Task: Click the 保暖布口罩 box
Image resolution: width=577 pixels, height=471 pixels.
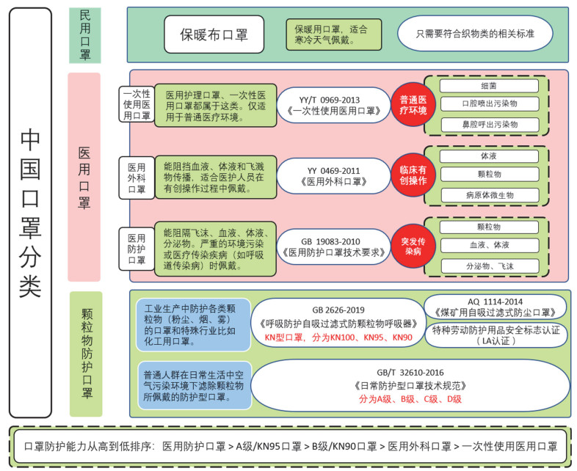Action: click(x=214, y=34)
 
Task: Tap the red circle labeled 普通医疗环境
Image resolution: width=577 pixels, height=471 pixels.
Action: click(x=413, y=105)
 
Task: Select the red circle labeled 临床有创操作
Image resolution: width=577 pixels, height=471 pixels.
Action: click(x=413, y=175)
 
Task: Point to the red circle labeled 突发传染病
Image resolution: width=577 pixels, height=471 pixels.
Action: click(x=413, y=246)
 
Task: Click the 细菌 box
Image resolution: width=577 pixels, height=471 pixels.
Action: click(x=489, y=86)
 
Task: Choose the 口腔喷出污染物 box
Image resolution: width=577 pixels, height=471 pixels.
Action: click(x=490, y=103)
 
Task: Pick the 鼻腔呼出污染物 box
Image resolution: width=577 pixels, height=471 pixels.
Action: click(x=490, y=125)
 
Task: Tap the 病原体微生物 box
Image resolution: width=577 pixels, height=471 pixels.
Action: click(x=490, y=195)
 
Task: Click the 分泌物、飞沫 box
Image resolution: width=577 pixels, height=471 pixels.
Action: click(x=490, y=266)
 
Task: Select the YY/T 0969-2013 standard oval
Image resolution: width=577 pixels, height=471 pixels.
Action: click(x=333, y=105)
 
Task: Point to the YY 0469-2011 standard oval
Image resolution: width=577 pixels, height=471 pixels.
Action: click(x=333, y=176)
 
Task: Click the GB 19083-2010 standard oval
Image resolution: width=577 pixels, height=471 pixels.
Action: click(x=333, y=247)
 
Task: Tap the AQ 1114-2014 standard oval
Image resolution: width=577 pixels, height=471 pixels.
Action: click(x=496, y=307)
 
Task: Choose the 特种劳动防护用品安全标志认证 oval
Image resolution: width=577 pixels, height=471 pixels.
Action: click(x=496, y=335)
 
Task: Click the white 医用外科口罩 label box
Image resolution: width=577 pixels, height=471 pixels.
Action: click(x=137, y=178)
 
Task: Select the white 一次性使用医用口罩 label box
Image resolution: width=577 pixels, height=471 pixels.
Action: click(x=137, y=104)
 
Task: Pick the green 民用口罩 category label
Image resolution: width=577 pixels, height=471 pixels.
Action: click(x=85, y=35)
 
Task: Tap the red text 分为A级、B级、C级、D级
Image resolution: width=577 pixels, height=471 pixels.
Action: click(x=410, y=399)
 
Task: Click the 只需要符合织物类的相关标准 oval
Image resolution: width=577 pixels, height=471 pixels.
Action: click(x=475, y=34)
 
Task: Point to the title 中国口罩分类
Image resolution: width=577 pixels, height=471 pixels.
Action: click(x=30, y=213)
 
